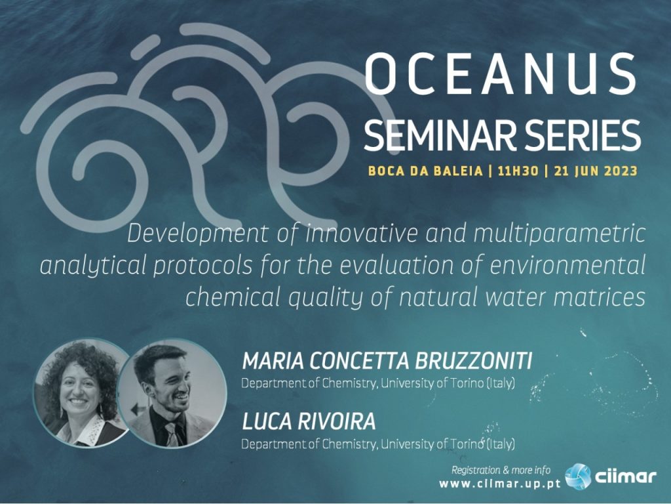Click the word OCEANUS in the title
[500, 73]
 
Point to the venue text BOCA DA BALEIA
[425, 171]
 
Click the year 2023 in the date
[621, 171]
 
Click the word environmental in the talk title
[567, 265]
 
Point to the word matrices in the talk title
[599, 297]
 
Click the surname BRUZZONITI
[473, 361]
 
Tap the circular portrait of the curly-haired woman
[81, 393]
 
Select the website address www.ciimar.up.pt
[499, 484]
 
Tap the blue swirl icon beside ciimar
[578, 476]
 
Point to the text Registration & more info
[501, 470]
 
